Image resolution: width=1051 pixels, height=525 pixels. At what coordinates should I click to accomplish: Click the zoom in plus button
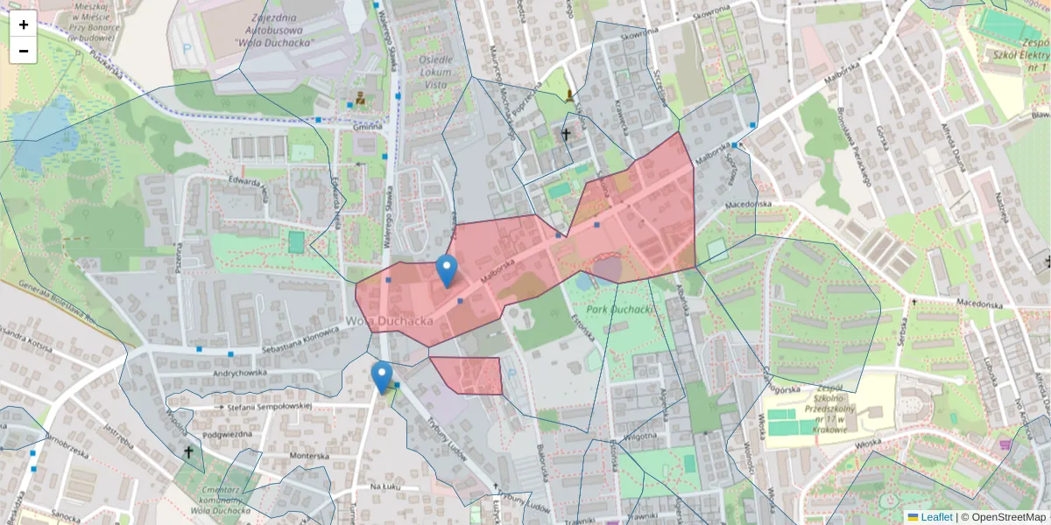click(x=24, y=24)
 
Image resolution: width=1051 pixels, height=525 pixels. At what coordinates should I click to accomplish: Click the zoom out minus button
click(x=24, y=51)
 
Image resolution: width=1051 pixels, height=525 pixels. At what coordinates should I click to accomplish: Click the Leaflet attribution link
click(x=936, y=517)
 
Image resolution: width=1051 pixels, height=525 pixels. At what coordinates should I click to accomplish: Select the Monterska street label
click(x=309, y=456)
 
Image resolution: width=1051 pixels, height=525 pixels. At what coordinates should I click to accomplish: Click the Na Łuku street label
click(x=384, y=486)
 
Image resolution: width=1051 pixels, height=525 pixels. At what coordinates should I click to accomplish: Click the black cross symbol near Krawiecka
click(x=566, y=135)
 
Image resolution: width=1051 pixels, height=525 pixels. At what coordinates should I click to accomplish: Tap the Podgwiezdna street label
click(x=228, y=435)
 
